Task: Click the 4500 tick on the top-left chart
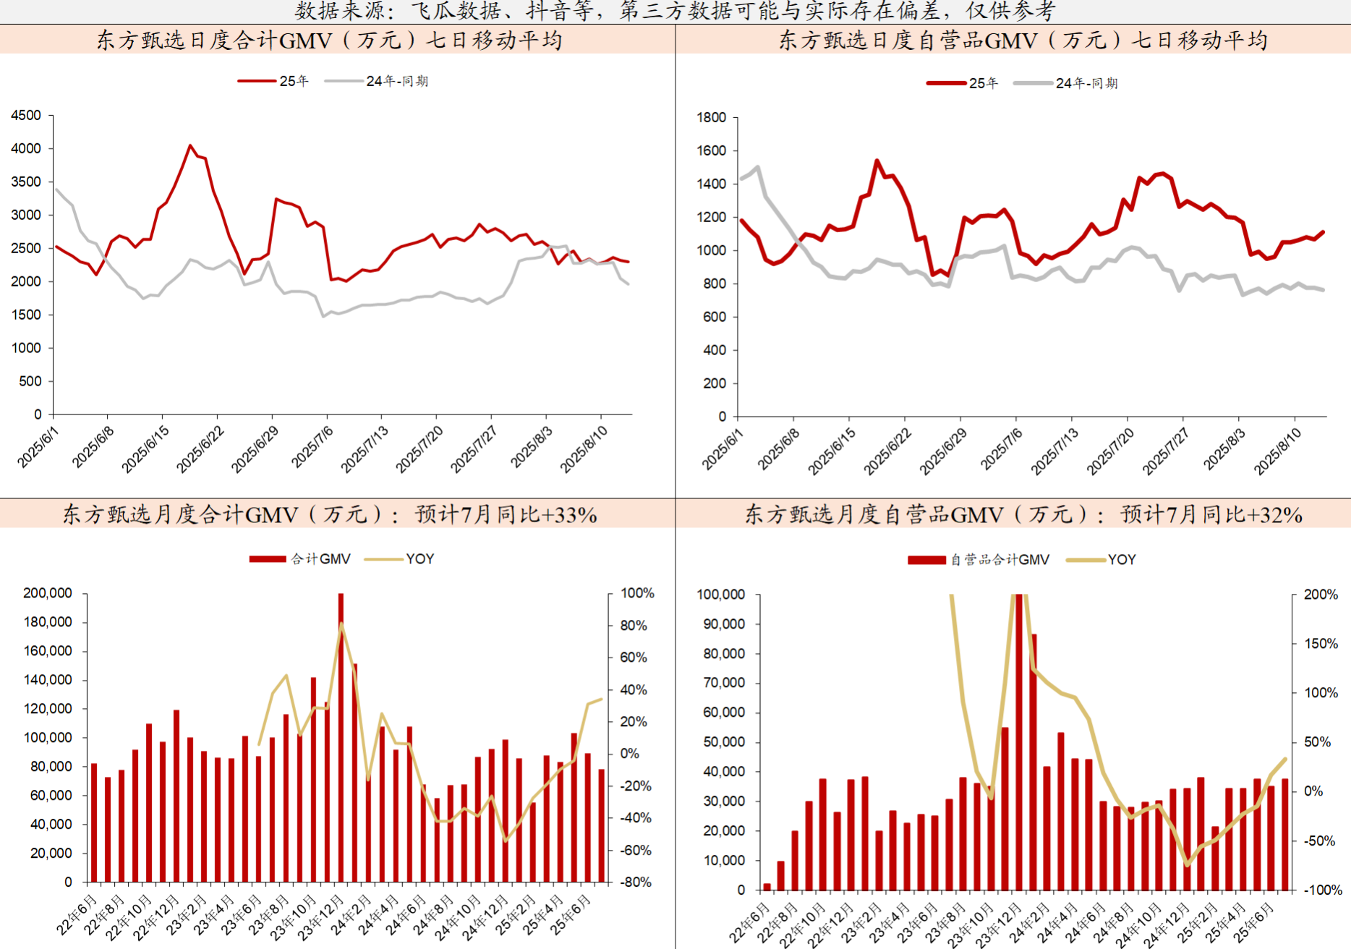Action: (x=26, y=115)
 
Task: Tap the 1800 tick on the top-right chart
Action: (x=711, y=117)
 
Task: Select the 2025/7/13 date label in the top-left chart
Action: (x=365, y=449)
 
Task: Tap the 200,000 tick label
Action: (x=48, y=593)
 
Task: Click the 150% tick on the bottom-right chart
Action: (x=1321, y=644)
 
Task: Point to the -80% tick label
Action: (x=636, y=882)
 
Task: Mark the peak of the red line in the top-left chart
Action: (x=190, y=146)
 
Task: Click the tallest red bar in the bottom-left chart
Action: (x=341, y=738)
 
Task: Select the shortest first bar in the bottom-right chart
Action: (x=767, y=887)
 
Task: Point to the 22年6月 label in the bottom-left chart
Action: (x=77, y=914)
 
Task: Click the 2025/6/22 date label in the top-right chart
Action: (x=888, y=451)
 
